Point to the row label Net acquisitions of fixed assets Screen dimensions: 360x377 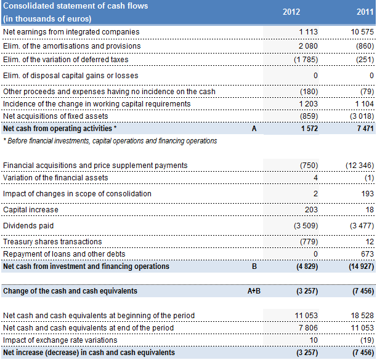[x=55, y=116]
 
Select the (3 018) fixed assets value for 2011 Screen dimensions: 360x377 [x=360, y=116]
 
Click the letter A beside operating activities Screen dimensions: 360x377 [x=254, y=129]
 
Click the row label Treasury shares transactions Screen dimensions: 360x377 [x=52, y=242]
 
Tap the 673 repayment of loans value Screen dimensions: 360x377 [x=367, y=254]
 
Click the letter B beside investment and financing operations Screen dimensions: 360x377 [x=254, y=266]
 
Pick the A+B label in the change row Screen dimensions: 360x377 [x=253, y=290]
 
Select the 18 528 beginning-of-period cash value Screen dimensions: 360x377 [x=362, y=316]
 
